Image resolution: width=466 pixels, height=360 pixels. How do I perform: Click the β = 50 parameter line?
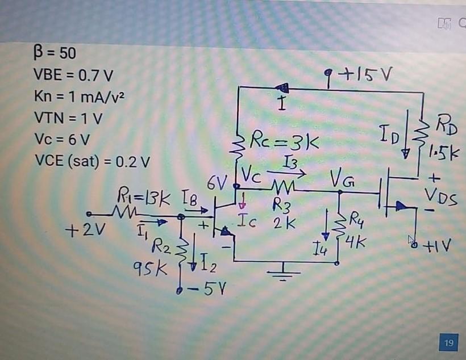pyautogui.click(x=52, y=54)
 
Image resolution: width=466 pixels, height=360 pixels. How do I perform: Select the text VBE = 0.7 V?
pyautogui.click(x=73, y=75)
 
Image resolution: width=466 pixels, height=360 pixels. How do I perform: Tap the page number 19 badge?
pyautogui.click(x=449, y=342)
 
